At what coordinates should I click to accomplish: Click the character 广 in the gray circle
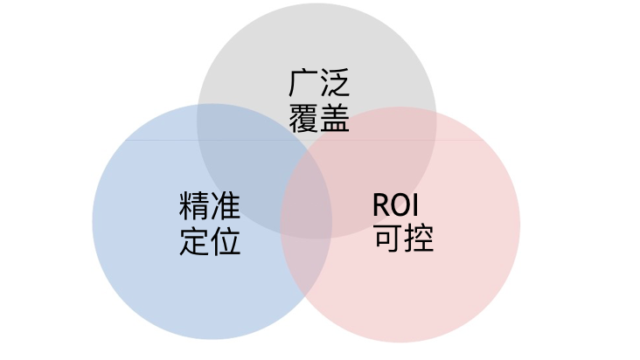[x=303, y=83]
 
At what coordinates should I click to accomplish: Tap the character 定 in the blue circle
[x=194, y=240]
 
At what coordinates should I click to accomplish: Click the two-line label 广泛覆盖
[x=318, y=100]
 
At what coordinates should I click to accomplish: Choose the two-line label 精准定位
[x=210, y=224]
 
